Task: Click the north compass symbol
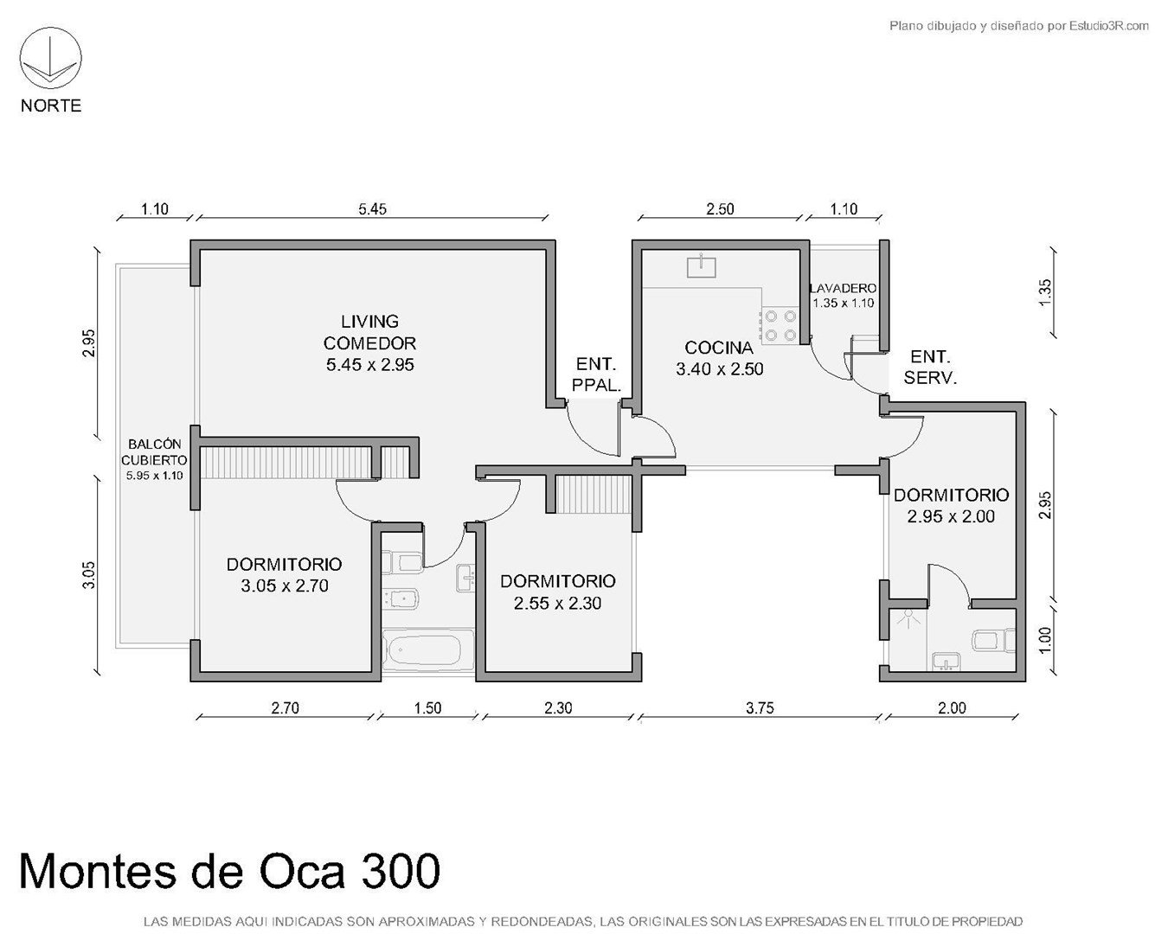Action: tap(50, 59)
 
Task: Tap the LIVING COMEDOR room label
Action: tap(370, 343)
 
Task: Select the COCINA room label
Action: tap(719, 358)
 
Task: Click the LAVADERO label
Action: tap(843, 288)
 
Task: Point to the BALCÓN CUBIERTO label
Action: tap(154, 452)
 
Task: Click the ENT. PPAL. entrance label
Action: tap(596, 374)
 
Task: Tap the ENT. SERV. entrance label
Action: tap(930, 368)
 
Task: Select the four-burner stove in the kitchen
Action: tap(780, 326)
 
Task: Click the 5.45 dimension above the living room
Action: tap(372, 209)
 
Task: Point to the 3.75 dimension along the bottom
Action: tap(760, 707)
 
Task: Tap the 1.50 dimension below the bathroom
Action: tap(427, 707)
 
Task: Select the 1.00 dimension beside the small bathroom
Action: tap(1046, 640)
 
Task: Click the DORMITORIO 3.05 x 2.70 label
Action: tap(285, 575)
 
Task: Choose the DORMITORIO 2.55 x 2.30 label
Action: tap(558, 592)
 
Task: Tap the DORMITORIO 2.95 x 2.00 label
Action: tap(952, 505)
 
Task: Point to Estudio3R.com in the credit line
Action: tap(1109, 25)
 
